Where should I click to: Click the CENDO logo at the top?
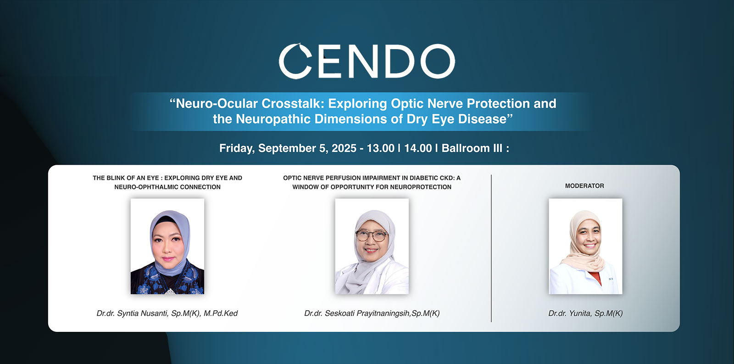tap(367, 61)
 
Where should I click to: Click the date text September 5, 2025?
tap(307, 148)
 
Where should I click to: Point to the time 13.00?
tap(380, 148)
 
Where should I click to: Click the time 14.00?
tap(418, 148)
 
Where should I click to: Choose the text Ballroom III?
tap(472, 148)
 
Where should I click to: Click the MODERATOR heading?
tap(584, 186)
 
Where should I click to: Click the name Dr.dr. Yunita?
tap(570, 314)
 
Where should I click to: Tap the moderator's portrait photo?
tap(585, 246)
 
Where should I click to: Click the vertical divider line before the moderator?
tap(491, 248)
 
